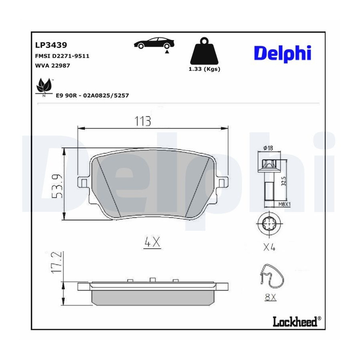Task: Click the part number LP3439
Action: (51, 45)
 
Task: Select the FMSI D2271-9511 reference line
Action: (62, 56)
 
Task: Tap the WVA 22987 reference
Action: (52, 66)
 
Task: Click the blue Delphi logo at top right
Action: (283, 54)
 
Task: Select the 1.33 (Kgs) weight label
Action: (204, 69)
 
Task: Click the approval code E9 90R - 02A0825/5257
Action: (92, 95)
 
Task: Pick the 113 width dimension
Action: (142, 121)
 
